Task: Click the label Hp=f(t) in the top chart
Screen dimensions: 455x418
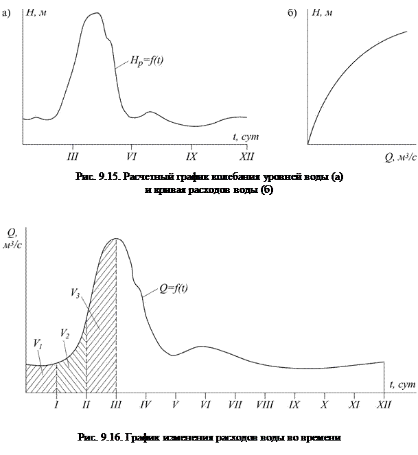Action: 146,60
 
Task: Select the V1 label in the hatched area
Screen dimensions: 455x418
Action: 36,342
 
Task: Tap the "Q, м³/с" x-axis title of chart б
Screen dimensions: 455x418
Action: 401,157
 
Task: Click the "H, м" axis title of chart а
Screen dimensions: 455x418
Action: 36,13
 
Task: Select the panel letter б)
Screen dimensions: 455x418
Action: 293,13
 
